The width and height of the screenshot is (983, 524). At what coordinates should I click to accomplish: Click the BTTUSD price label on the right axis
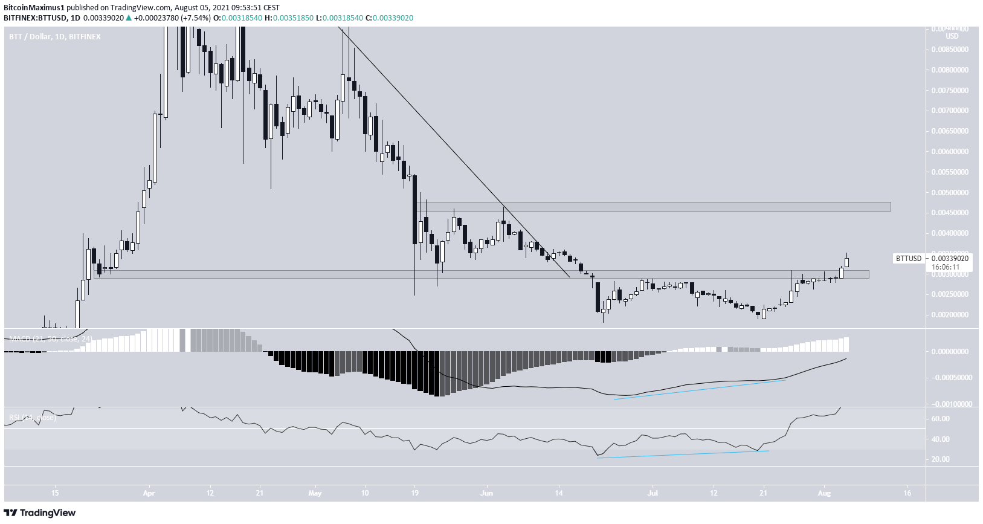(x=908, y=258)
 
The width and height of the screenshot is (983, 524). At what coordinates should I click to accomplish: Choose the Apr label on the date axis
(x=149, y=493)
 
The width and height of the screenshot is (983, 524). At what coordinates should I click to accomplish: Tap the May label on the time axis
(x=315, y=493)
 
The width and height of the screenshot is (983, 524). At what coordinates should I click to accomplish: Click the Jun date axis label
(x=486, y=493)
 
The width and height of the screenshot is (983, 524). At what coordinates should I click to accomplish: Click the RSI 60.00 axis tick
(x=941, y=419)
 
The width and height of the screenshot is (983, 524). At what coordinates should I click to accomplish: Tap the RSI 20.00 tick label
(x=941, y=459)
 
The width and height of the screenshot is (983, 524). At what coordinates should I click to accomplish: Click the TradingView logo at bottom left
(x=40, y=513)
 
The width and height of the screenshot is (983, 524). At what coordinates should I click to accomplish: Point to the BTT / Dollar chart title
(x=54, y=37)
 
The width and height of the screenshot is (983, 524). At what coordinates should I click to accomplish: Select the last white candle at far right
(x=847, y=262)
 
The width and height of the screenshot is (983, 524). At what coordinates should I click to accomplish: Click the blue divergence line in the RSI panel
(x=683, y=454)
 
